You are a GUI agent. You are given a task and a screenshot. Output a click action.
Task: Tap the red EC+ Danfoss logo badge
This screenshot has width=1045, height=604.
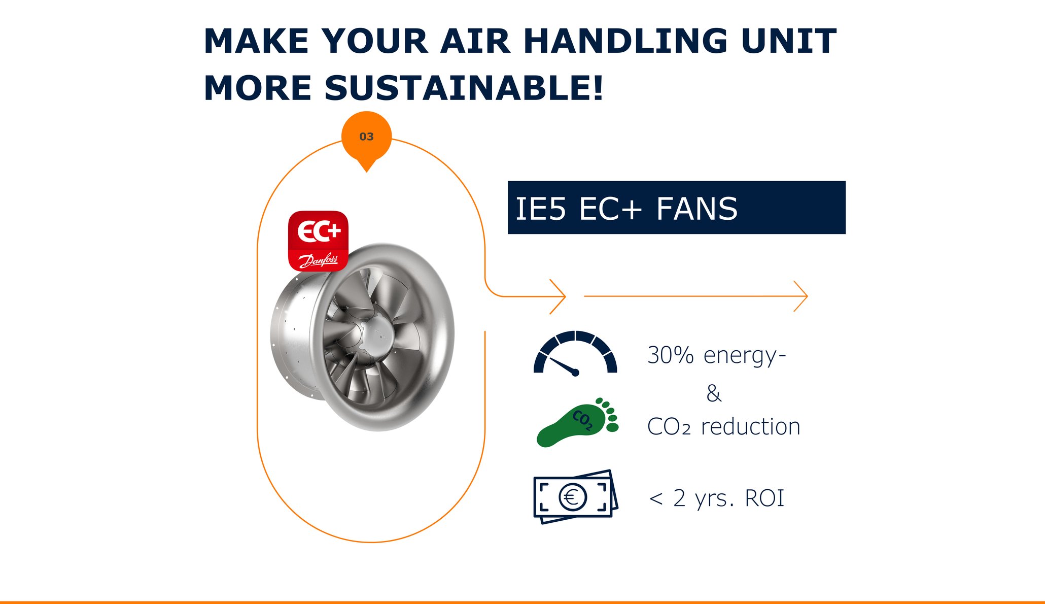pos(318,241)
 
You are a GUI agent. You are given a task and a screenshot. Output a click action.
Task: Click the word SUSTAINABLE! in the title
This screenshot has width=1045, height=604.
pos(464,88)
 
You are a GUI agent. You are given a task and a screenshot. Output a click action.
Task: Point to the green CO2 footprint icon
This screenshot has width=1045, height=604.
pos(577,422)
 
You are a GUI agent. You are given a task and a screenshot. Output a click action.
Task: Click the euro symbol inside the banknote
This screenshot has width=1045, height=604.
pos(572,497)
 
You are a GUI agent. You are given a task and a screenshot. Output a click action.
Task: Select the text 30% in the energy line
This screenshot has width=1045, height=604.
pos(670,355)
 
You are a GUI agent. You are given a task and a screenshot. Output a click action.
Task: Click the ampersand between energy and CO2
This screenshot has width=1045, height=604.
pos(714,393)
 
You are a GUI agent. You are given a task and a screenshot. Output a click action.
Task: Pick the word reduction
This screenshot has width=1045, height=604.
pos(751,427)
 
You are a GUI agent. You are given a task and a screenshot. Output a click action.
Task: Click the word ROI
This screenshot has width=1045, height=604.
pos(764,498)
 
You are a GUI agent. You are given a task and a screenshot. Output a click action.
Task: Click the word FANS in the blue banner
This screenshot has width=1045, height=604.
pos(697,209)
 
